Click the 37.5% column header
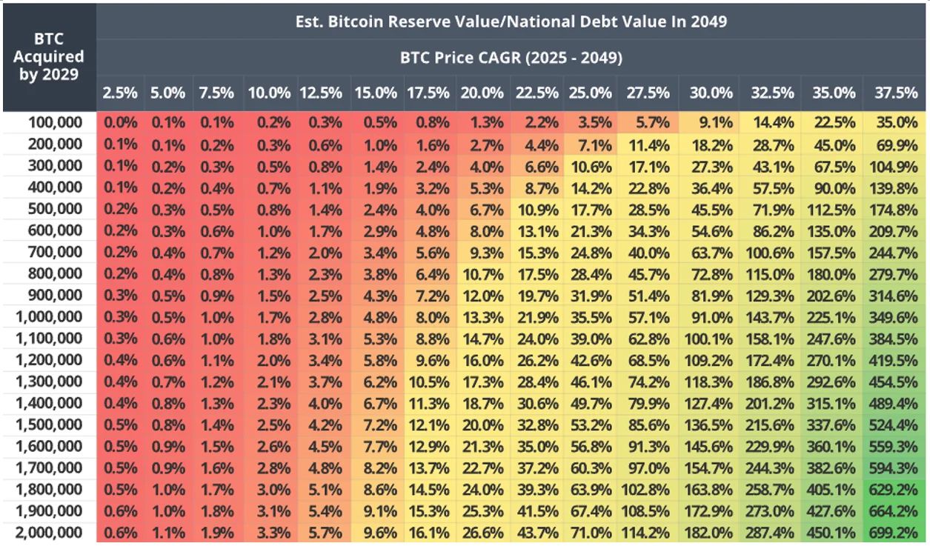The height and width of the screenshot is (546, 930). (896, 93)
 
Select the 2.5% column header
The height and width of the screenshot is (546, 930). (120, 93)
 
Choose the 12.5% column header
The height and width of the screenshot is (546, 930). (321, 93)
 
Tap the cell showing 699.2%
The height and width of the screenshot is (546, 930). (896, 533)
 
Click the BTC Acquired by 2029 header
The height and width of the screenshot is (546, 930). (49, 56)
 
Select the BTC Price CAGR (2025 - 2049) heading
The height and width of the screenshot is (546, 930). (511, 57)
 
